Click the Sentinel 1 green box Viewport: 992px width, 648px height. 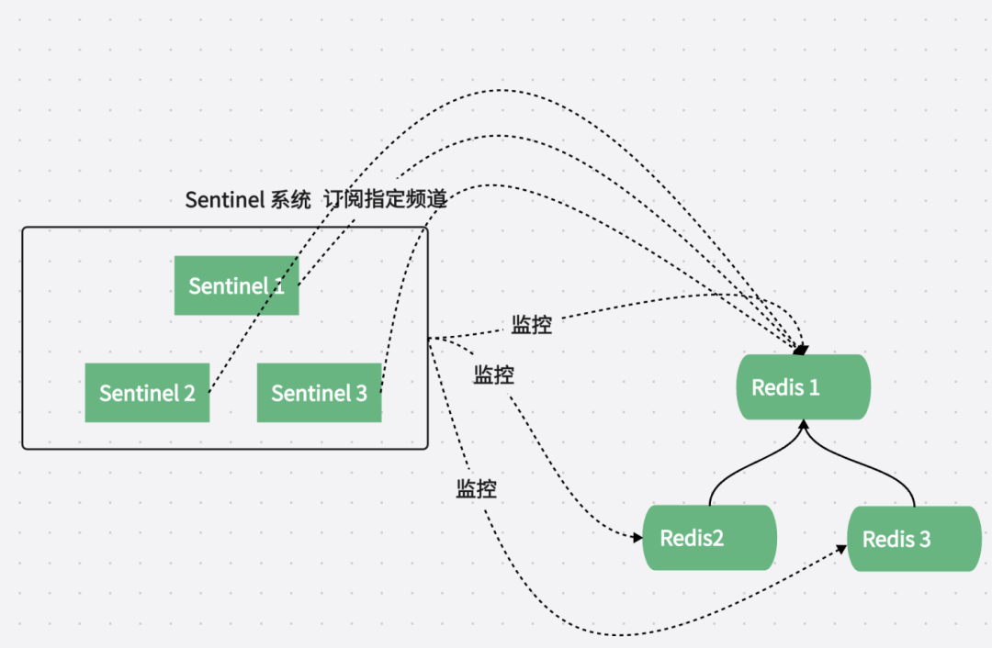(x=236, y=285)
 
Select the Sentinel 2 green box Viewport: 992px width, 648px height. (x=147, y=393)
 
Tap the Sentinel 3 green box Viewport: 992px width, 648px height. (x=319, y=393)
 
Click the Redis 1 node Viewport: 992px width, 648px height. (x=802, y=387)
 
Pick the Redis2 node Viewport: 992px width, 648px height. (x=708, y=538)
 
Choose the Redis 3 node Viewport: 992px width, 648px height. (x=914, y=540)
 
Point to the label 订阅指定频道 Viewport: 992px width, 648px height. (x=385, y=200)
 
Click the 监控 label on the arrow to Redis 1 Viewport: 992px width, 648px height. (x=532, y=325)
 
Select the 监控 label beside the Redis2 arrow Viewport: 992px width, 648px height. (x=493, y=374)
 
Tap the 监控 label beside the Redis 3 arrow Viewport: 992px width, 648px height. (x=477, y=489)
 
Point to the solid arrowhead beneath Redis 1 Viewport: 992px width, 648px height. (x=804, y=425)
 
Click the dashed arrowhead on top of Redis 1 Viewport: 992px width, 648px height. (x=801, y=350)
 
